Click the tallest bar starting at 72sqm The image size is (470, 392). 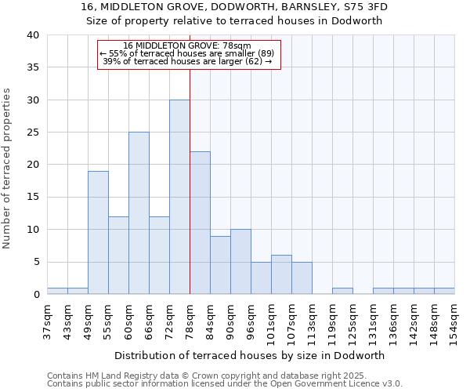[179, 197]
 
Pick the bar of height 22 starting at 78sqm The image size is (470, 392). [200, 223]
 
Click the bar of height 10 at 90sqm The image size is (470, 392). [240, 262]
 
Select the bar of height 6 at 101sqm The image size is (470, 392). [281, 274]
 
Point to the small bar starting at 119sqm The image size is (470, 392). [342, 291]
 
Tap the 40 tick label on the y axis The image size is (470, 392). [32, 35]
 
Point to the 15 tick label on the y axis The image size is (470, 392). [32, 198]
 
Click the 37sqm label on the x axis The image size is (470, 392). [47, 321]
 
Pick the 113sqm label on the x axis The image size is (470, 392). [312, 321]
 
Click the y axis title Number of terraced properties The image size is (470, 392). [8, 168]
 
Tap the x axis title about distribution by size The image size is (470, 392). [251, 355]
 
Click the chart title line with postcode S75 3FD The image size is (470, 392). [234, 7]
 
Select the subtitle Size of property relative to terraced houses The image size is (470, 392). [234, 21]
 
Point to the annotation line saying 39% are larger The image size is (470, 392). [187, 61]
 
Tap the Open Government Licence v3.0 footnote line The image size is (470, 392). [225, 384]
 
